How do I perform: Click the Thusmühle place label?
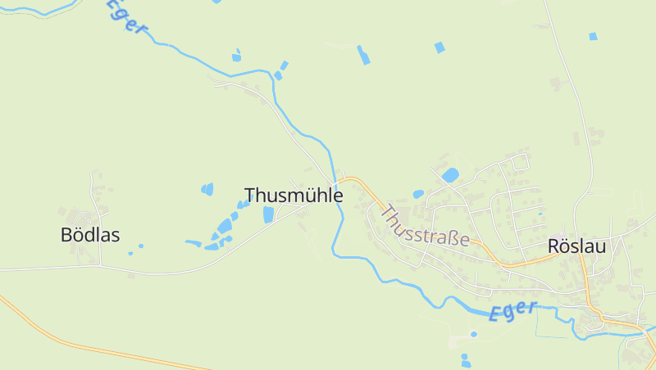click(x=294, y=196)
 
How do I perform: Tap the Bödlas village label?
click(x=90, y=235)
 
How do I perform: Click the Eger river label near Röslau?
click(x=514, y=310)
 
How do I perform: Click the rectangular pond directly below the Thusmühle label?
click(x=268, y=214)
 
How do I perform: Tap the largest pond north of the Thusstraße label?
click(x=450, y=174)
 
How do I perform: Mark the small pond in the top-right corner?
click(x=593, y=36)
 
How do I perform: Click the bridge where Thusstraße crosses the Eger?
click(x=337, y=181)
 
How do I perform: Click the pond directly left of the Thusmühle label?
click(x=207, y=190)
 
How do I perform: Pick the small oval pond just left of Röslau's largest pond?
click(x=419, y=194)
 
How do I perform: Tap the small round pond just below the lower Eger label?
click(x=473, y=334)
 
